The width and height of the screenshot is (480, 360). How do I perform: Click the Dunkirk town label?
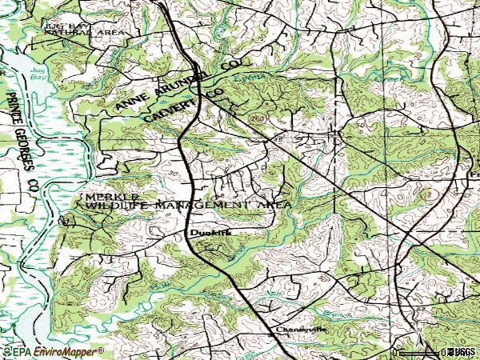[205, 234]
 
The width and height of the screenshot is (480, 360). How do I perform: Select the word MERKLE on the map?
[112, 196]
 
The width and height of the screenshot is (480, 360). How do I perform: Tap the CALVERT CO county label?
[184, 104]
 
